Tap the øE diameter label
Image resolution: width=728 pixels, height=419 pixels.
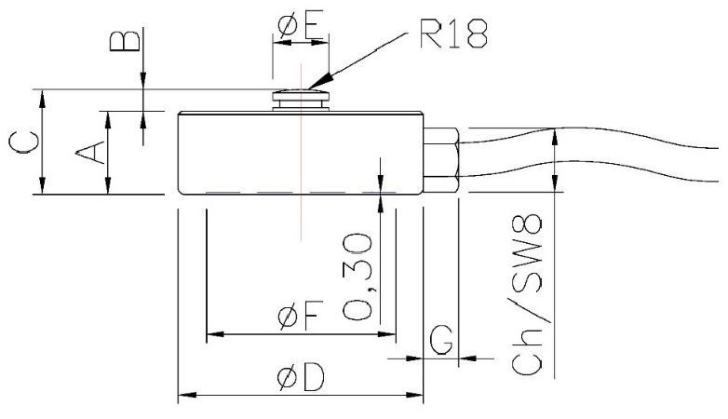coord(300,20)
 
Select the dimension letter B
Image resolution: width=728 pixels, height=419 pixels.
coord(130,41)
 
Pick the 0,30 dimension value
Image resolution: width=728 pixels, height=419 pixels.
coord(359,277)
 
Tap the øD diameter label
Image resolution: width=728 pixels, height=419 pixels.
coord(298,376)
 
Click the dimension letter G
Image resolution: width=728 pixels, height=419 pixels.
coord(443,341)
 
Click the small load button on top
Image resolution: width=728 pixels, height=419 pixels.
coord(301,98)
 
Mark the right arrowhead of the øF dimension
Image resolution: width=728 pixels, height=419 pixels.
coord(391,333)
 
